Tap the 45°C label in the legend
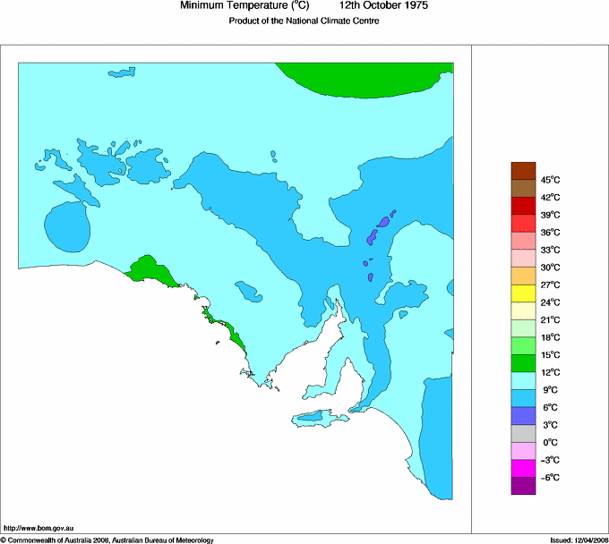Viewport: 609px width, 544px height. tap(549, 180)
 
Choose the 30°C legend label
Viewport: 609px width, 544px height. tap(549, 268)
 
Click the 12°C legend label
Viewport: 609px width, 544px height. tap(549, 372)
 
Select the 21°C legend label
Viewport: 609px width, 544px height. tap(549, 319)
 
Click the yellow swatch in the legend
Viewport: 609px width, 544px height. tap(523, 293)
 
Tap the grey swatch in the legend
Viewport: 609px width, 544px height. tap(523, 433)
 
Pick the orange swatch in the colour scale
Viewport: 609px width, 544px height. tap(523, 276)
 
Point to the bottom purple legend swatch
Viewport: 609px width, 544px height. tap(523, 486)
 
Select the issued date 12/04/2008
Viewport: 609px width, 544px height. tap(578, 540)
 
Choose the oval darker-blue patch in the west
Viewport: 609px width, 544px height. tap(67, 226)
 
